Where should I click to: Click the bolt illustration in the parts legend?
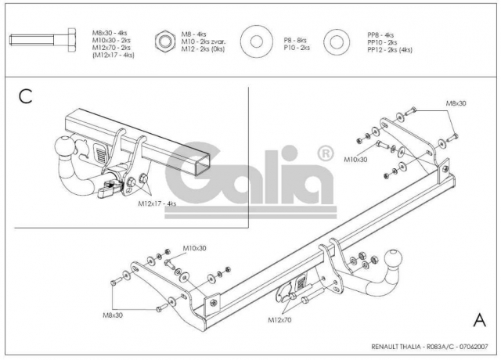pos(43,40)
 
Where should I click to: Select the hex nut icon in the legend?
pos(165,41)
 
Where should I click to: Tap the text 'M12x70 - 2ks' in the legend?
pos(111,48)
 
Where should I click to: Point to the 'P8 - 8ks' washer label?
pos(295,40)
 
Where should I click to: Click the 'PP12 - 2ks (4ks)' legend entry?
pos(390,50)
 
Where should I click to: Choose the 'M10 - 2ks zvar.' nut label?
pos(204,41)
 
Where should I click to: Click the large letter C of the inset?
pos(26,96)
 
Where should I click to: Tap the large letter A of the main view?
pos(479,319)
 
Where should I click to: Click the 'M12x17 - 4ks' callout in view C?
pos(157,203)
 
